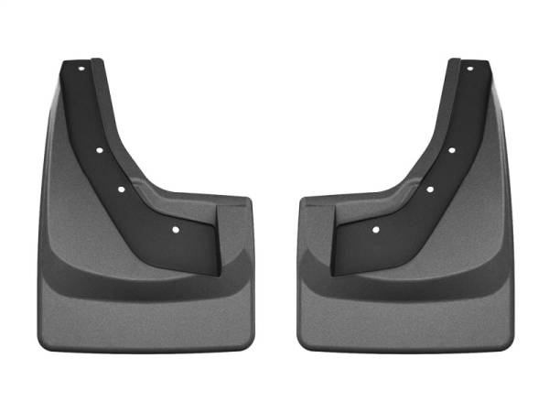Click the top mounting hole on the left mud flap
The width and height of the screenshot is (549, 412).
click(81, 69)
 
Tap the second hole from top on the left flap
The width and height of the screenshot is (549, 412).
click(98, 149)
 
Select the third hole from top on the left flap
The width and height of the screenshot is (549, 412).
click(121, 190)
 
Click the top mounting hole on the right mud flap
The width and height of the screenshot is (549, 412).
click(468, 69)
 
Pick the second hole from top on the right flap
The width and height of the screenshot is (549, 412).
click(451, 149)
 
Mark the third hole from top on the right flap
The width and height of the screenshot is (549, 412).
click(428, 190)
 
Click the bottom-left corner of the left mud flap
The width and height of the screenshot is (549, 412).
click(44, 346)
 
